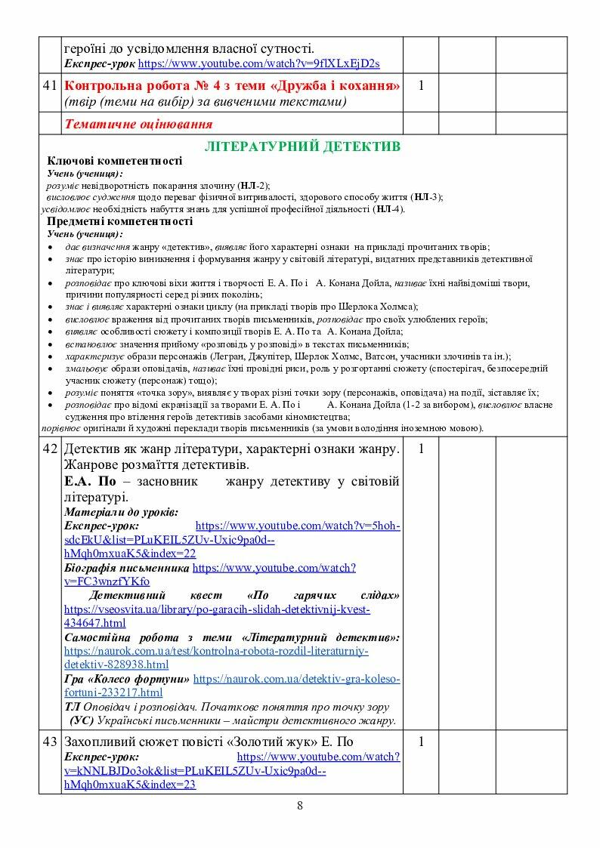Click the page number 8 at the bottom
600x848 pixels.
pos(300,806)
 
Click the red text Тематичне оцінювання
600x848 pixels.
pos(138,124)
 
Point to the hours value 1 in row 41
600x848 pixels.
pos(421,86)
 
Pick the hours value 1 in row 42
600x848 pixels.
pos(421,449)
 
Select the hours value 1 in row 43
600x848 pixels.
pos(421,742)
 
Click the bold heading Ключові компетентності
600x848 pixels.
pos(114,161)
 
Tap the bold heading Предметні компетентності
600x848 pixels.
pos(119,221)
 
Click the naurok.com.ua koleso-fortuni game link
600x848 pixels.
pos(296,679)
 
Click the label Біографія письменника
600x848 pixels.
pos(126,566)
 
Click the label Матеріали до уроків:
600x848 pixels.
pos(121,512)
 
